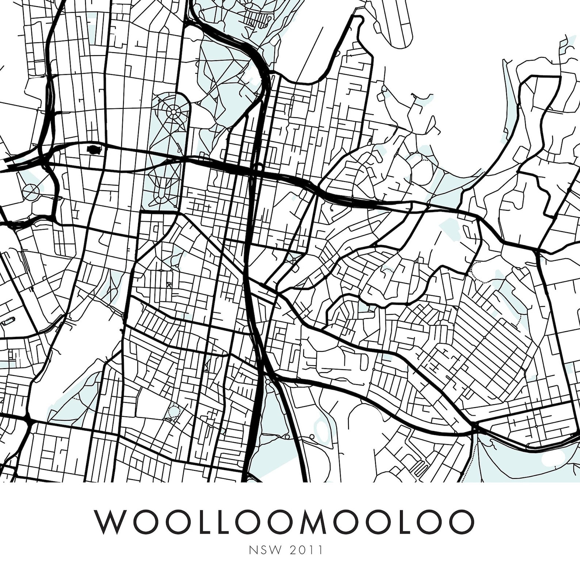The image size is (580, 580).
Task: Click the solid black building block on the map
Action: (x=93, y=149)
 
